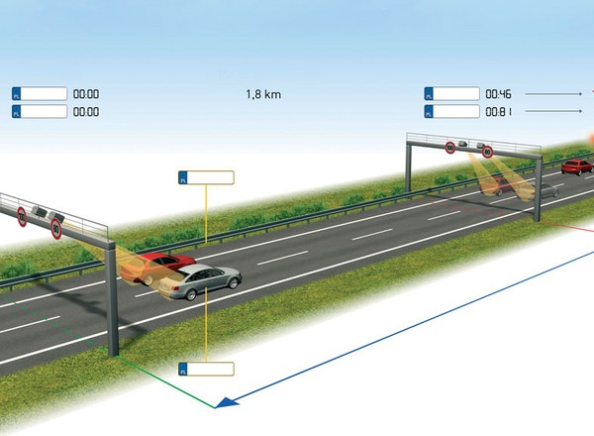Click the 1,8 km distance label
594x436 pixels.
click(x=261, y=94)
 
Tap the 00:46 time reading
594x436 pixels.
click(x=497, y=94)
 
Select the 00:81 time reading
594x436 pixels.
click(x=497, y=112)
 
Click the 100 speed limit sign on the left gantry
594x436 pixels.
click(x=22, y=216)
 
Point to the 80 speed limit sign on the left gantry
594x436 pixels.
click(x=56, y=229)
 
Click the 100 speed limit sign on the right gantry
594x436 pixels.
click(x=450, y=148)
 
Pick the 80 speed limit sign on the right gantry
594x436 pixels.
click(x=487, y=152)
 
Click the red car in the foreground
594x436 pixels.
click(x=158, y=266)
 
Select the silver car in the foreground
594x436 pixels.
click(x=200, y=280)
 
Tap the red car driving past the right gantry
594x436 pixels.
click(x=576, y=166)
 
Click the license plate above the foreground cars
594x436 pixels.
click(x=206, y=177)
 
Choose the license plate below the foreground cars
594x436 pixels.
click(x=206, y=369)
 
